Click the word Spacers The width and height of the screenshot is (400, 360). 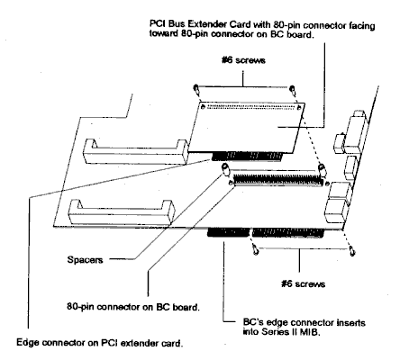[85, 259]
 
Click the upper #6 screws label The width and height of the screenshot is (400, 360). [243, 60]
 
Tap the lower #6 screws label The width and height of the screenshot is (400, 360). [303, 283]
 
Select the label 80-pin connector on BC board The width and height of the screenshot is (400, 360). [133, 307]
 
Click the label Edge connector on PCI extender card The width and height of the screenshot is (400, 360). [99, 343]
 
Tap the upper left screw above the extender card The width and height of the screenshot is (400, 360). [196, 89]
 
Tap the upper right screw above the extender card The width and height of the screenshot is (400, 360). [292, 89]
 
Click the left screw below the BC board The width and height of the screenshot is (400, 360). [255, 249]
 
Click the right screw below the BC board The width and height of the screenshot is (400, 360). [352, 250]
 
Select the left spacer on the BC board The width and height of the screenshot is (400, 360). [225, 170]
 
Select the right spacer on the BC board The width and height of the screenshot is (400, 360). [322, 170]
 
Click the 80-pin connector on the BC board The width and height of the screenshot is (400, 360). [278, 180]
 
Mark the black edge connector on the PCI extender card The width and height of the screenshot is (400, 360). [247, 157]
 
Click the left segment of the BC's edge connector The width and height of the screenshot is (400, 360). [229, 232]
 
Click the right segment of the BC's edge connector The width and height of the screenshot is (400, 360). [288, 233]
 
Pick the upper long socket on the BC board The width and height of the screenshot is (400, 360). [136, 152]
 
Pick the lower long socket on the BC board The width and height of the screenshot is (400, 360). [122, 212]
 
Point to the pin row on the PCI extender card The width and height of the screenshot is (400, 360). [251, 107]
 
